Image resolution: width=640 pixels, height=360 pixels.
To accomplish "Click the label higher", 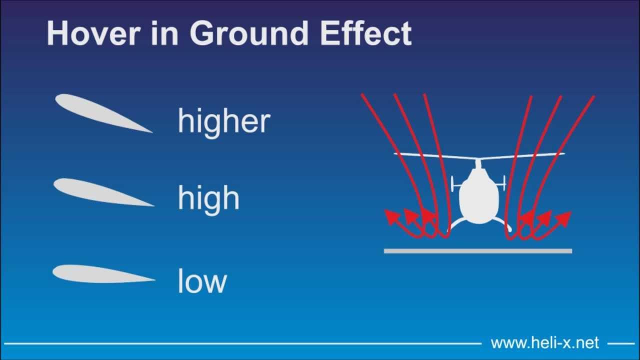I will coord(224,121).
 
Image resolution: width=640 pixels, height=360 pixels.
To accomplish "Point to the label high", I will coord(208,198).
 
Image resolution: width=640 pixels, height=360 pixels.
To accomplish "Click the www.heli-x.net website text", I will coord(544,343).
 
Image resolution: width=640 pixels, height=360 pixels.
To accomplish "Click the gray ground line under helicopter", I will coord(477,251).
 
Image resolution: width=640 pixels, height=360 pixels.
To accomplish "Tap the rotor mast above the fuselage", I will coord(478,163).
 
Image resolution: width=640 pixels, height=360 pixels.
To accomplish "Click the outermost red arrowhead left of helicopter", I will coord(390,216).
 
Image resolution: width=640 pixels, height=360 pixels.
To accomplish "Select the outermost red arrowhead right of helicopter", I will coord(565,217).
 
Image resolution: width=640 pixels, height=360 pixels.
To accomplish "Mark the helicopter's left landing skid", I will coord(456,224).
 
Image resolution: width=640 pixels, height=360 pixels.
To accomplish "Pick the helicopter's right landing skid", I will coord(502,224).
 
